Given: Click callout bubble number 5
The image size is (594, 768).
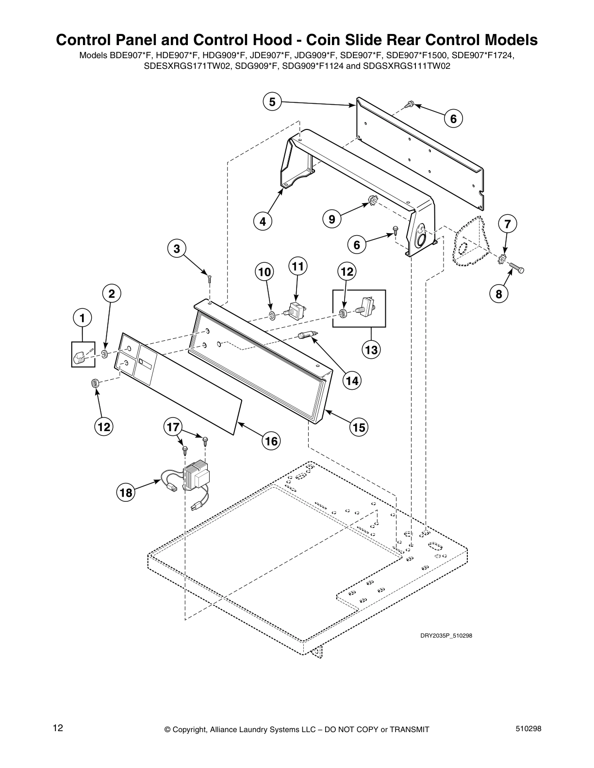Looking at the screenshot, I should pyautogui.click(x=272, y=102).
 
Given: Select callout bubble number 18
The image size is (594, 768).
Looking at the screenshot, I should pyautogui.click(x=126, y=493).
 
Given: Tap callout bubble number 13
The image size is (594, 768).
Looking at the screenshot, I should pyautogui.click(x=371, y=350).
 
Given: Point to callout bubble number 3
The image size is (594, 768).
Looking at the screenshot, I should pyautogui.click(x=177, y=249).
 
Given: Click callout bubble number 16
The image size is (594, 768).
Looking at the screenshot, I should pyautogui.click(x=271, y=441).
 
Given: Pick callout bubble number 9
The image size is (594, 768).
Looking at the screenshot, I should pyautogui.click(x=332, y=219).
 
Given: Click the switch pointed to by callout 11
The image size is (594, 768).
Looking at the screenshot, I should pyautogui.click(x=296, y=309).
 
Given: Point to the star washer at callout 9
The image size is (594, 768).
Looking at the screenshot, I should pyautogui.click(x=373, y=198).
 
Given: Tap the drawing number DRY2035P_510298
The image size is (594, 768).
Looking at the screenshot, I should pyautogui.click(x=445, y=636).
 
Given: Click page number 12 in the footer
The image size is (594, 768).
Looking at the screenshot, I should pyautogui.click(x=58, y=728).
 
